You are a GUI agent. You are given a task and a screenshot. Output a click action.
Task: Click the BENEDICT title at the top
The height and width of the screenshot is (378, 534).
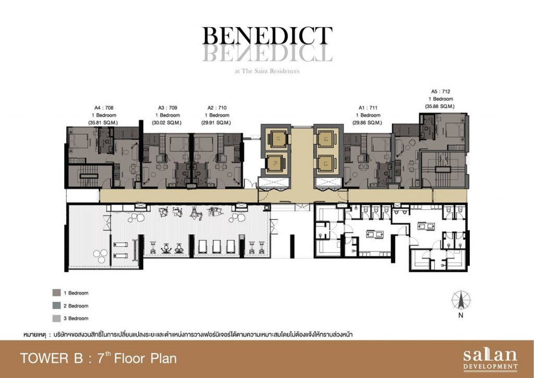point(267,36)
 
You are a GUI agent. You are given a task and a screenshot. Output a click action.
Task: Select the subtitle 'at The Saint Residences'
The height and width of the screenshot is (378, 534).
point(267,71)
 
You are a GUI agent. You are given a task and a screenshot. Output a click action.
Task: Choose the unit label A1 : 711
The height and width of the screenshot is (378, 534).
point(368,108)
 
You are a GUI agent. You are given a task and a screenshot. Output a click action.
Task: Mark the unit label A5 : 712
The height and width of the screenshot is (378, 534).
point(440,91)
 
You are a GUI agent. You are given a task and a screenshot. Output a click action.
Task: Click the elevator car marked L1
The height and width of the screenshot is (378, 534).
point(277,138)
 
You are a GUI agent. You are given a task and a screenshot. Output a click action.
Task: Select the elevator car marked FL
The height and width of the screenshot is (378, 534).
point(277,164)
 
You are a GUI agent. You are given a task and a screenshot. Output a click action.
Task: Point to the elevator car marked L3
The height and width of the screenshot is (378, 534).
point(326,138)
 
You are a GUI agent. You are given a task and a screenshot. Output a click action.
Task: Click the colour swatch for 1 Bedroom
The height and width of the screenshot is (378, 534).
point(56,293)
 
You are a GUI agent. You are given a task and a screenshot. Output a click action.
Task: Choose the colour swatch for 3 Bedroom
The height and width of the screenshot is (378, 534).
point(56,318)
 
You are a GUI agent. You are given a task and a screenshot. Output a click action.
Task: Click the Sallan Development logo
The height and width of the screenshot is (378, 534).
point(490,359)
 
